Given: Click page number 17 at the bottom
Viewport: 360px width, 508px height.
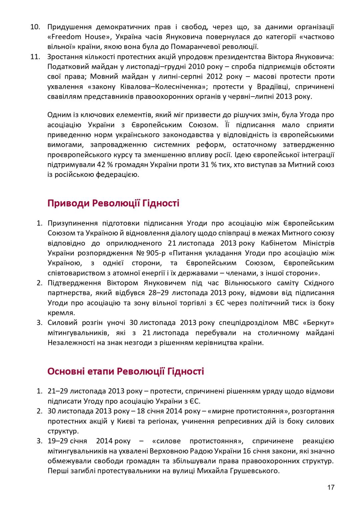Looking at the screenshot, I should (331, 487).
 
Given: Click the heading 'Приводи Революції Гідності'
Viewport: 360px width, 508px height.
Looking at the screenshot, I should (113, 203).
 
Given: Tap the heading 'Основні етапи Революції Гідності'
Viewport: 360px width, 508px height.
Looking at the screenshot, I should (126, 371).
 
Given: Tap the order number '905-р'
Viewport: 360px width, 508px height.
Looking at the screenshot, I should (156, 253).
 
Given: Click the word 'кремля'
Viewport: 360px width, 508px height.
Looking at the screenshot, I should (61, 313).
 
